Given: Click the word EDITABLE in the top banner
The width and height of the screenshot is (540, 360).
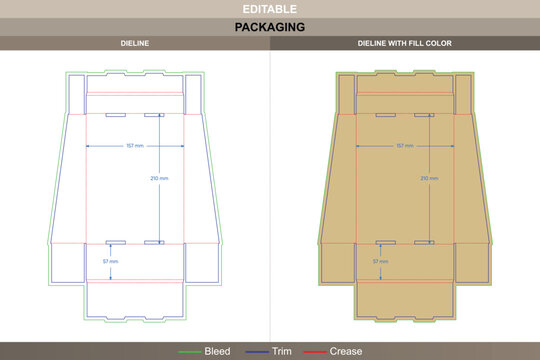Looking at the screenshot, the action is click(x=270, y=9).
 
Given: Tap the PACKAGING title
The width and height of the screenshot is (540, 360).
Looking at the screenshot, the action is click(x=270, y=27).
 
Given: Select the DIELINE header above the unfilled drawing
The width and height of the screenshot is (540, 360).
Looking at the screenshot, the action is click(x=135, y=44).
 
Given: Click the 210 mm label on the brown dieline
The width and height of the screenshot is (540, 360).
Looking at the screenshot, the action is click(x=429, y=178).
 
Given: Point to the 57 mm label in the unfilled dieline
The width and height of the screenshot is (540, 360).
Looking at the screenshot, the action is click(x=110, y=261).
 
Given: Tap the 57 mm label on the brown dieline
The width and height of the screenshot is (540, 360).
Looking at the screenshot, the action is click(x=381, y=261).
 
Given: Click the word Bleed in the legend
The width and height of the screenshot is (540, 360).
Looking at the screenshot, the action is click(x=217, y=351).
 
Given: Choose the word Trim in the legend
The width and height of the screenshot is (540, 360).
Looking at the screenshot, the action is click(x=285, y=351).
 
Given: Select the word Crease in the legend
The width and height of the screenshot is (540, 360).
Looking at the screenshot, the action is click(x=346, y=351).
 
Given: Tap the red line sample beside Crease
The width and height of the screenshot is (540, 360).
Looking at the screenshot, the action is click(x=315, y=351).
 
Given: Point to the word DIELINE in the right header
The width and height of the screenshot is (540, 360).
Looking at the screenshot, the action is click(x=372, y=44).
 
